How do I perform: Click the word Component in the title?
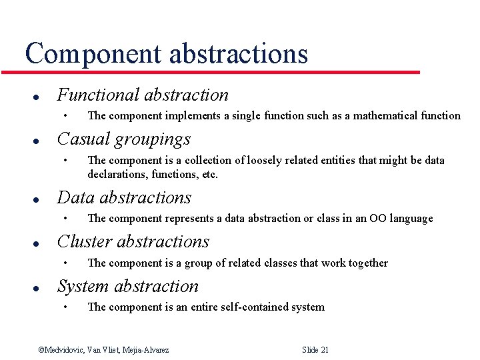(93, 53)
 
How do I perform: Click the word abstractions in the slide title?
(238, 53)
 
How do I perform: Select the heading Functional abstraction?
(143, 95)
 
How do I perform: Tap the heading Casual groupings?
(124, 139)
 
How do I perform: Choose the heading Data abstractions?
(124, 198)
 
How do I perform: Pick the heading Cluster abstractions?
(133, 242)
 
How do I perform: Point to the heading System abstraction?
(128, 286)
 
